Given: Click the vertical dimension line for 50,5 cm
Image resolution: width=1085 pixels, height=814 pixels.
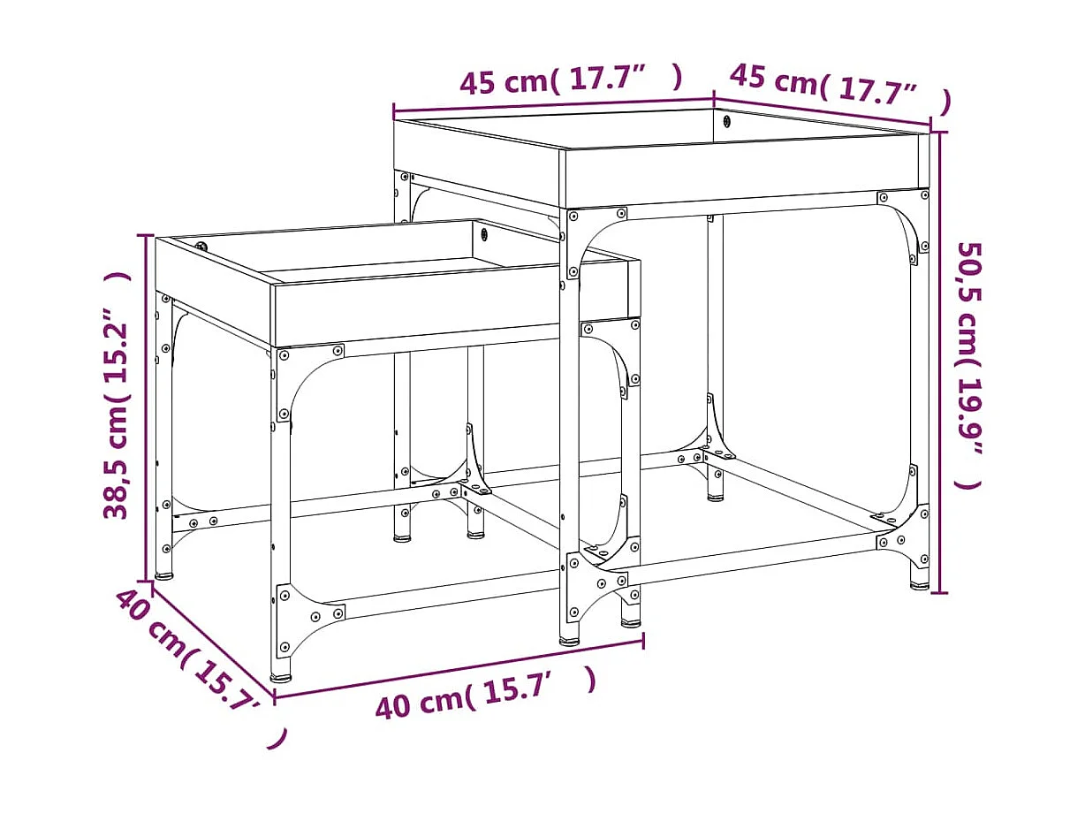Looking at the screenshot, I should coord(938,362).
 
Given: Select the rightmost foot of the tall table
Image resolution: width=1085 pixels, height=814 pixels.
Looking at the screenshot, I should coord(920,583).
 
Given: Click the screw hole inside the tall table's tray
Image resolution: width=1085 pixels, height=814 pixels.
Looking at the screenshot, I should coord(726,121).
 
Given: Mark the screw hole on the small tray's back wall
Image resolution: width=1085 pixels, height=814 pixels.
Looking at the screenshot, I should coord(485,234).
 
